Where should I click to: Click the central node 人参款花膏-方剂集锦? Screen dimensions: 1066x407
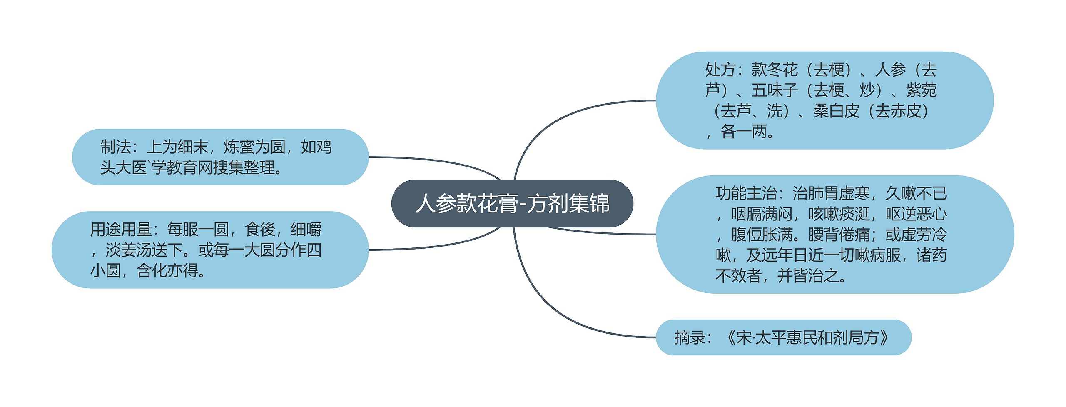point(512,203)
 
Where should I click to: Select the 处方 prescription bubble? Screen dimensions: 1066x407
point(824,100)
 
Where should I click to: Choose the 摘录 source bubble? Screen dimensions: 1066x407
point(783,337)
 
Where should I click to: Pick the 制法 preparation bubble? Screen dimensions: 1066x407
point(220,157)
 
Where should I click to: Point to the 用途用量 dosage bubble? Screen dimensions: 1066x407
point(210,250)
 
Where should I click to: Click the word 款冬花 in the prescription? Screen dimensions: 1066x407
point(775,70)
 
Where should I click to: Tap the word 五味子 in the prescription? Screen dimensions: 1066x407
point(775,90)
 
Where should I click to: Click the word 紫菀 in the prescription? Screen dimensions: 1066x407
point(922,90)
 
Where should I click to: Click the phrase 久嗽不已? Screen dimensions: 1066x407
point(916,193)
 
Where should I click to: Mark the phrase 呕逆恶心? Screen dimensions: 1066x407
point(916,214)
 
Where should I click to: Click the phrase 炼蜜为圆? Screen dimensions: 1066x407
point(254,147)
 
